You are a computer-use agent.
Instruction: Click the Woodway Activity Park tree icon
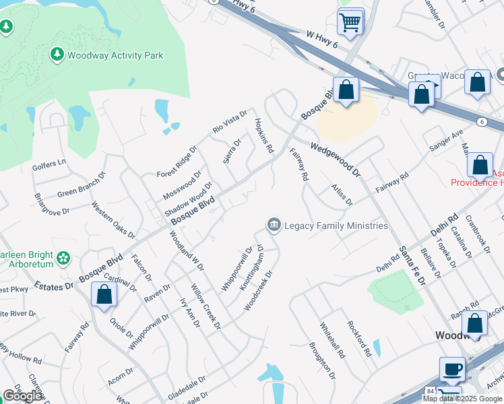[x=57, y=55]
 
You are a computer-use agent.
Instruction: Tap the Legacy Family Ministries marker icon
[x=274, y=224]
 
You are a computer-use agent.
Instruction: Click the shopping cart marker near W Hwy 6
[x=350, y=23]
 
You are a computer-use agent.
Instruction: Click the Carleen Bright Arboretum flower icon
[x=63, y=257]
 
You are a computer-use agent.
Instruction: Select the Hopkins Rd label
[x=263, y=135]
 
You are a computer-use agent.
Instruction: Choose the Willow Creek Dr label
[x=206, y=306]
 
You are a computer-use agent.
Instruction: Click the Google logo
[x=23, y=396]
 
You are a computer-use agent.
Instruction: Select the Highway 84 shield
[x=429, y=391]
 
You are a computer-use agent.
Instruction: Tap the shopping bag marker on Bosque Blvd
[x=346, y=90]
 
